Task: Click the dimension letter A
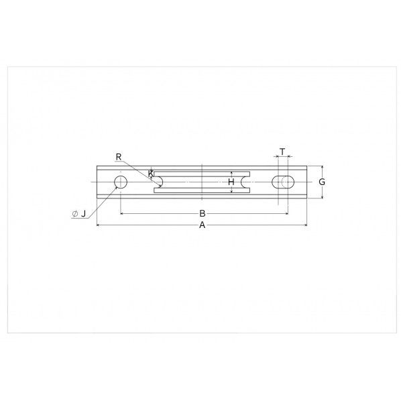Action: [203, 225]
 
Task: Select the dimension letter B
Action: [203, 213]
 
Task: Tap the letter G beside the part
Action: [322, 182]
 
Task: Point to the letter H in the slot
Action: [231, 182]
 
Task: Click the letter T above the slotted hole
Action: [282, 152]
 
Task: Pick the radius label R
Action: [119, 157]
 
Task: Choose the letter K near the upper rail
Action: [151, 174]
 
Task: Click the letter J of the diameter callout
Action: [83, 213]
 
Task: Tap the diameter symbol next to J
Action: [75, 214]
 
